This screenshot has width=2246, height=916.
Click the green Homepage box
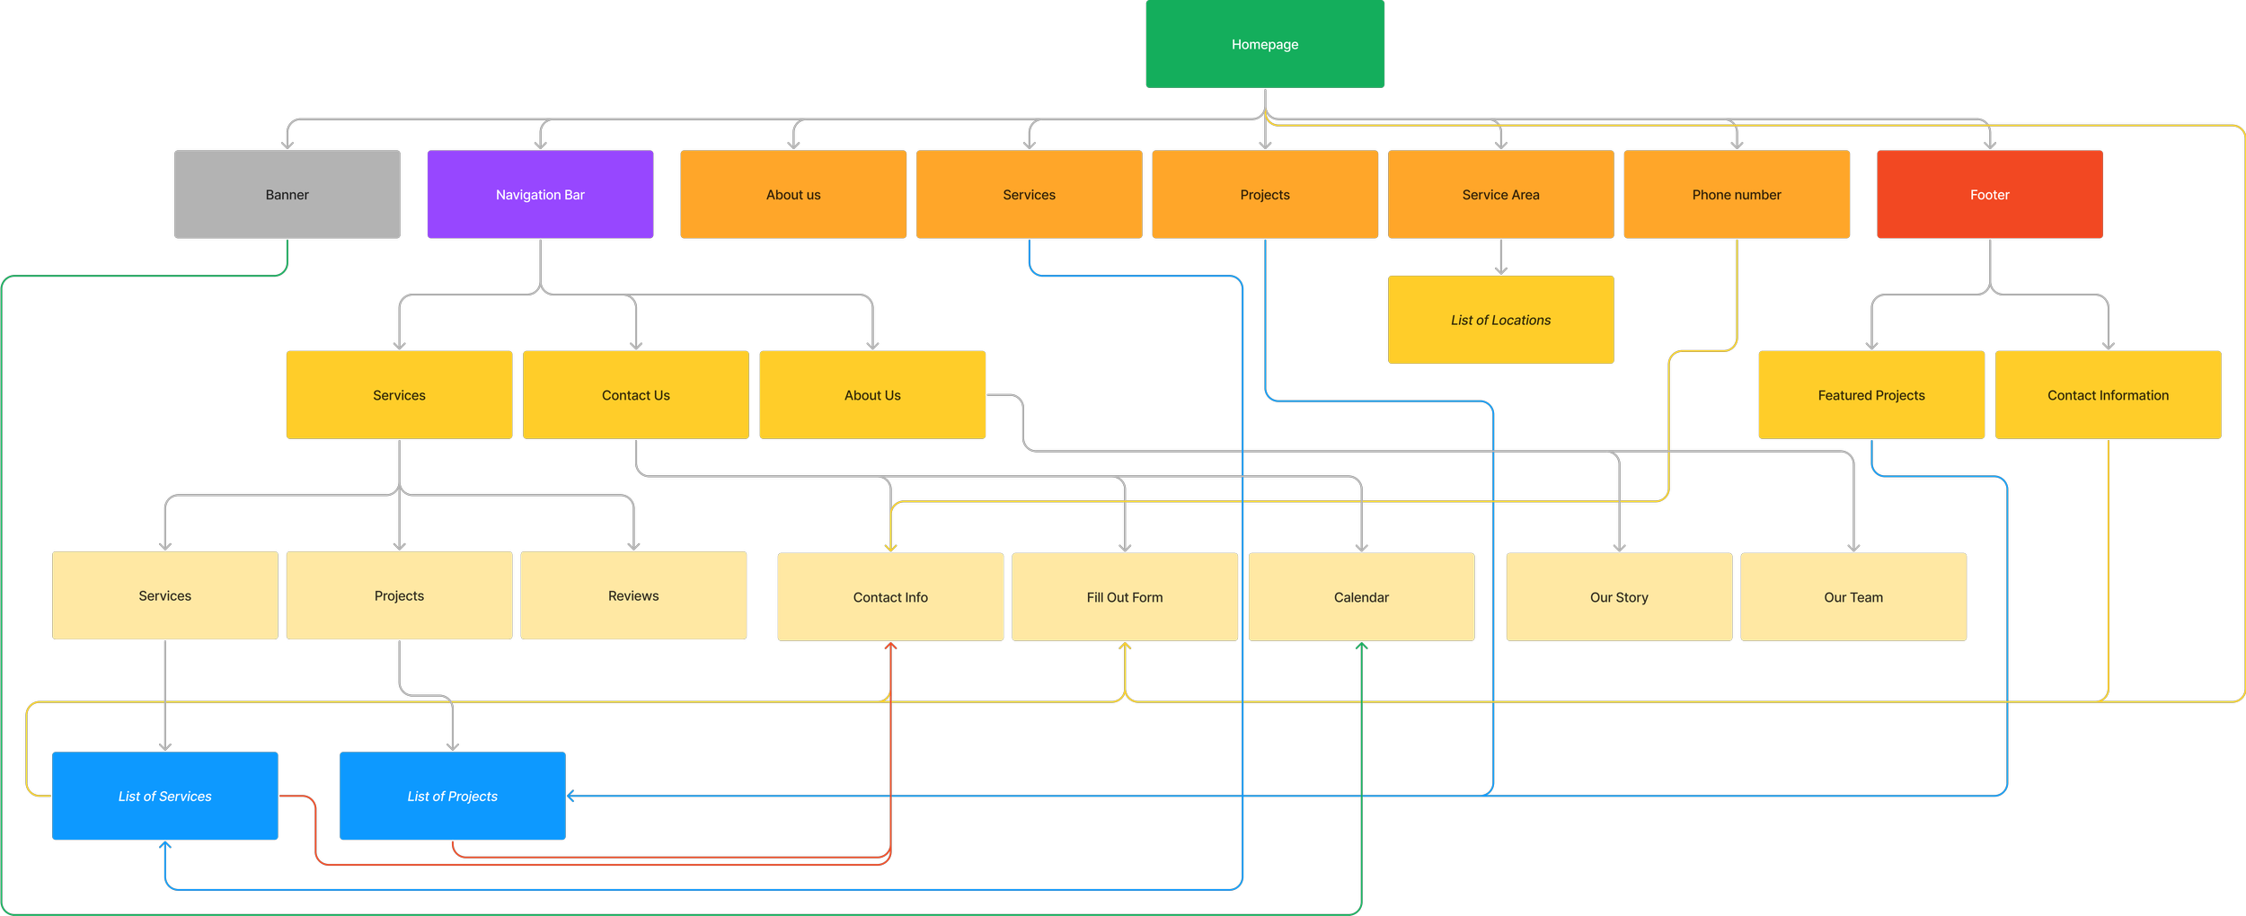[x=1264, y=44]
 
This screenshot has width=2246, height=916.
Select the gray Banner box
[x=287, y=194]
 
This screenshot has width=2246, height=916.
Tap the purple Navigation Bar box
[x=540, y=194]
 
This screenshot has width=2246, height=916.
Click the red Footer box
[x=1989, y=194]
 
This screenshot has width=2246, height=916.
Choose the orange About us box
[x=792, y=194]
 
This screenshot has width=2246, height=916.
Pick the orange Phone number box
[x=1736, y=194]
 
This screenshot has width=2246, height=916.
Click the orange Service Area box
[x=1500, y=194]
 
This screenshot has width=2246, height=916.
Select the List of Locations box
[x=1500, y=320]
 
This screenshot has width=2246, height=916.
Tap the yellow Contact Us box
[x=635, y=395]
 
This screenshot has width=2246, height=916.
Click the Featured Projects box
[x=1870, y=395]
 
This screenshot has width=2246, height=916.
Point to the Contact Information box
[x=2108, y=395]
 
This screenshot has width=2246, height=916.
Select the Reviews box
[x=632, y=595]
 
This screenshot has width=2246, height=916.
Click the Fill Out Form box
[x=1124, y=597]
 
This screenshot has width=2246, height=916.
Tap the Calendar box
[x=1360, y=597]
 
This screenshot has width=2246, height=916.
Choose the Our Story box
[x=1618, y=597]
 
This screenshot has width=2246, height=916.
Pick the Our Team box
[x=1853, y=597]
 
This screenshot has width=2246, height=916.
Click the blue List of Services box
[x=164, y=796]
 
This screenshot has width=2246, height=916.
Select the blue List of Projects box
[x=452, y=796]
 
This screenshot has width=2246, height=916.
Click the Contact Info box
[x=889, y=597]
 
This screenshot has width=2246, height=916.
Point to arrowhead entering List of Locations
[x=1500, y=270]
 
